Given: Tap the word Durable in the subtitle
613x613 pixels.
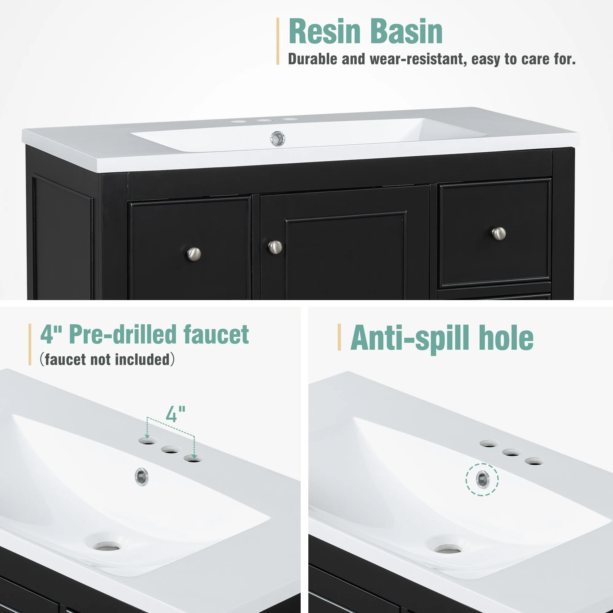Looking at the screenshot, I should click(x=312, y=59).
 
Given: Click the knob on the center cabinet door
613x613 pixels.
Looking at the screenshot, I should click(x=275, y=247).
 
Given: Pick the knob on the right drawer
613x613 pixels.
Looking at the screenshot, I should click(x=499, y=234).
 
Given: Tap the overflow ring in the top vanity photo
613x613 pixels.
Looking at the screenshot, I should click(x=278, y=139).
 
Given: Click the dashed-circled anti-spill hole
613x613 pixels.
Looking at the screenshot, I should click(x=482, y=479).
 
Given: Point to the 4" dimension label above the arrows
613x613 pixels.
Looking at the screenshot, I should click(x=175, y=414).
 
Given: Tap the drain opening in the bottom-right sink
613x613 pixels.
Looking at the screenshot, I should click(x=448, y=549).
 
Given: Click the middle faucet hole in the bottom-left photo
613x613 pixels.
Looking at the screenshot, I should click(x=170, y=450).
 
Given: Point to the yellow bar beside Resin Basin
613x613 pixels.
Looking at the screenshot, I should click(x=278, y=41).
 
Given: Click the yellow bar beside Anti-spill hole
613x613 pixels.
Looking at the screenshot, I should click(x=339, y=337).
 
